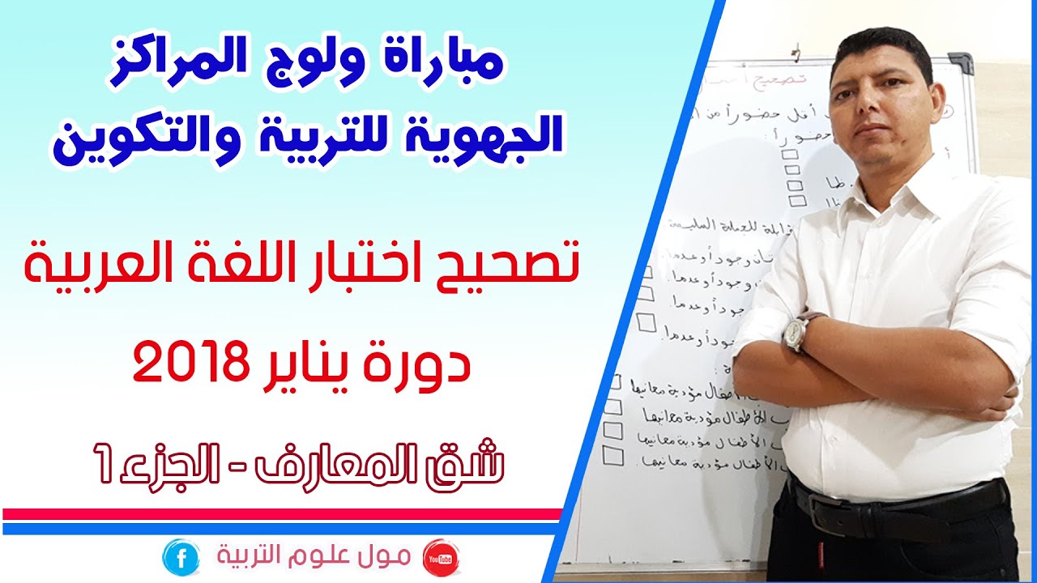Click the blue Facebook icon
180,557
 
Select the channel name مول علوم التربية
316,557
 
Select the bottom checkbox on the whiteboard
613,457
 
